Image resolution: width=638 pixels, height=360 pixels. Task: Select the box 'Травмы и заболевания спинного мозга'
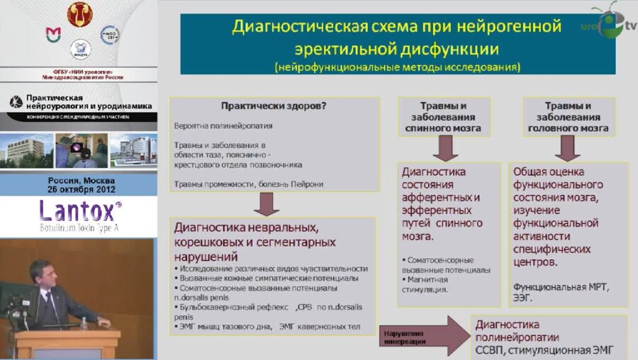(443, 116)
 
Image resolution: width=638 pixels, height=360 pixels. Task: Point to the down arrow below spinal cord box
(444, 148)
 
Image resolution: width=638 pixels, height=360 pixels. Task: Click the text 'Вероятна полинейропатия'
(223, 125)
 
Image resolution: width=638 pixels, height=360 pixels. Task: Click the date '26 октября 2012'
(78, 189)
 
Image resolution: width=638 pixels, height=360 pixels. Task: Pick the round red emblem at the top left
(79, 13)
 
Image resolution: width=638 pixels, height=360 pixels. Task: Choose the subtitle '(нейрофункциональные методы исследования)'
(398, 67)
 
